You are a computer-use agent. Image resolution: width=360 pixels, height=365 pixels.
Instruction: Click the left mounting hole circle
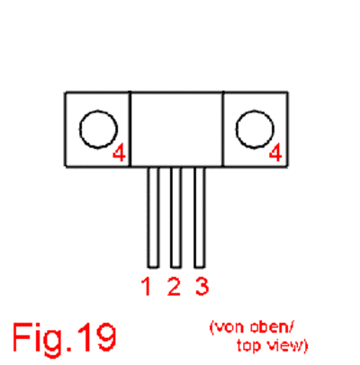pyautogui.click(x=80, y=129)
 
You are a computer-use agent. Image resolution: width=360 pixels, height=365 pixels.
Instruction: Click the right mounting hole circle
pyautogui.click(x=236, y=129)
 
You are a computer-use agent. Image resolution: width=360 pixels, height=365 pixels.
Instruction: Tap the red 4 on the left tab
pyautogui.click(x=119, y=153)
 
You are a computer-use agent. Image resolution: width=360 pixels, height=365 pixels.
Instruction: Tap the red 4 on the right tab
pyautogui.click(x=275, y=153)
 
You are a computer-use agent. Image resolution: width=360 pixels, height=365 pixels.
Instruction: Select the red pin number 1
pyautogui.click(x=146, y=287)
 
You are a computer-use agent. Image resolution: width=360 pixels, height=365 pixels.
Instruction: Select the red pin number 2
pyautogui.click(x=174, y=287)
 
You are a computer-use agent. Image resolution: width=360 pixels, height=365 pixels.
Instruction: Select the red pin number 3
pyautogui.click(x=202, y=287)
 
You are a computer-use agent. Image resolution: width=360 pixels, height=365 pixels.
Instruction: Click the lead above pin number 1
pyautogui.click(x=153, y=217)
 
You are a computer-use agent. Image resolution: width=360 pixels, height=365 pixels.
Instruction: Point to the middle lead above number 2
pyautogui.click(x=175, y=217)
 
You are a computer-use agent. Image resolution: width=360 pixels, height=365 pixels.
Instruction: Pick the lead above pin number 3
pyautogui.click(x=200, y=217)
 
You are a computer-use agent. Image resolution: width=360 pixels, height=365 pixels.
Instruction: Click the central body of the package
pyautogui.click(x=177, y=129)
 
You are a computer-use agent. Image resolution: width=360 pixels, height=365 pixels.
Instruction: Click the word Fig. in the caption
pyautogui.click(x=42, y=338)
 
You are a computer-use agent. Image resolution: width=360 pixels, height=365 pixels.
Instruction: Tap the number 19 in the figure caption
pyautogui.click(x=96, y=336)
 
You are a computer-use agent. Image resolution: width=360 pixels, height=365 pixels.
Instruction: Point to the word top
pyautogui.click(x=250, y=346)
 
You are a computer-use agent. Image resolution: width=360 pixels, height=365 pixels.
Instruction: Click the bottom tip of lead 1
pyautogui.click(x=153, y=267)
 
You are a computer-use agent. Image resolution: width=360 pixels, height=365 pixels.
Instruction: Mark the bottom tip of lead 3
pyautogui.click(x=200, y=267)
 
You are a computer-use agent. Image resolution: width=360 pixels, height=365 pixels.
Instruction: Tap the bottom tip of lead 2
pyautogui.click(x=175, y=267)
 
